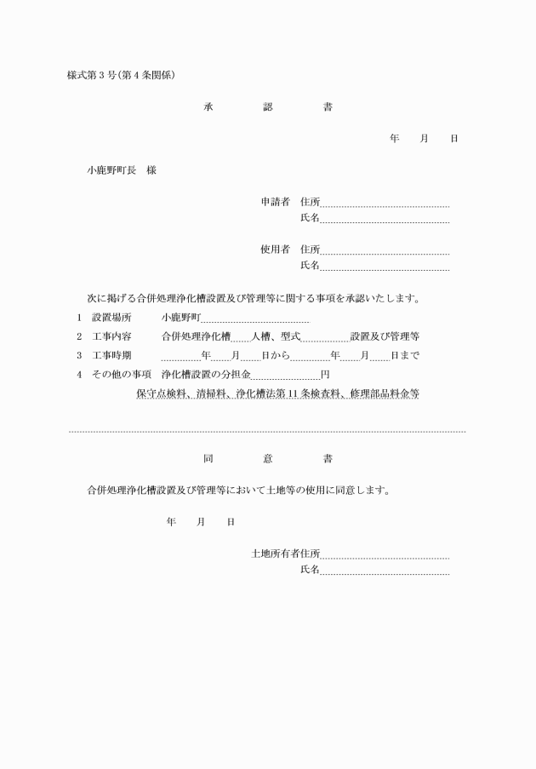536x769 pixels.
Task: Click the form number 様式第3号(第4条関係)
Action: point(121,75)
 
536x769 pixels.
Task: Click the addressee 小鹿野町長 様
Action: point(122,170)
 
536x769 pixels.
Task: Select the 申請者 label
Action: point(276,202)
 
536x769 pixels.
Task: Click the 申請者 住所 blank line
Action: point(385,205)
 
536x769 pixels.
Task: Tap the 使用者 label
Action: point(276,250)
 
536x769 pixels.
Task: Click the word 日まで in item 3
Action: point(404,355)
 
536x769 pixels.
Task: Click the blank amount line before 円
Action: point(284,377)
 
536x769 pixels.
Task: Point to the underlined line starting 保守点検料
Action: point(277,394)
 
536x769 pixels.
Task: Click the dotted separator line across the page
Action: point(267,432)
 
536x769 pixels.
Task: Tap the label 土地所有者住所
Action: point(285,554)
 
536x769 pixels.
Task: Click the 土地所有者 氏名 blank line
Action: point(385,573)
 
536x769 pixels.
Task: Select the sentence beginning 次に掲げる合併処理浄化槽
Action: point(254,298)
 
